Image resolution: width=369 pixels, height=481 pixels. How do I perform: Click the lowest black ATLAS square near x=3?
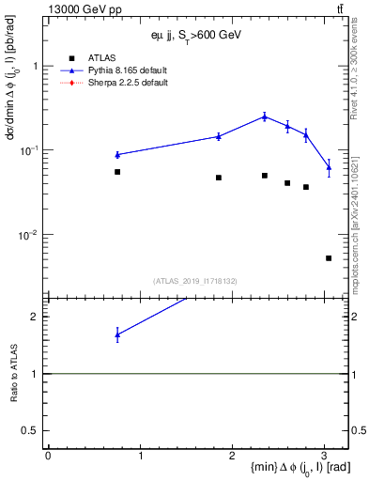click(x=329, y=258)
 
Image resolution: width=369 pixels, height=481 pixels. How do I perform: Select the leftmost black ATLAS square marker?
click(x=117, y=172)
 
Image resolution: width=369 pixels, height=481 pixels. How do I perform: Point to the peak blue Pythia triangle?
click(x=265, y=116)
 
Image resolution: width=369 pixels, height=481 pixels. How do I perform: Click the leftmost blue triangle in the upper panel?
click(x=117, y=154)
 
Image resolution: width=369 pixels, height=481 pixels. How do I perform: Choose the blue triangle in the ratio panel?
click(x=117, y=334)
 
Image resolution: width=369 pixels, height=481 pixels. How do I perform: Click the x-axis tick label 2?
click(x=233, y=456)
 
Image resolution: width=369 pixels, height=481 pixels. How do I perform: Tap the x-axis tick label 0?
click(x=48, y=456)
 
